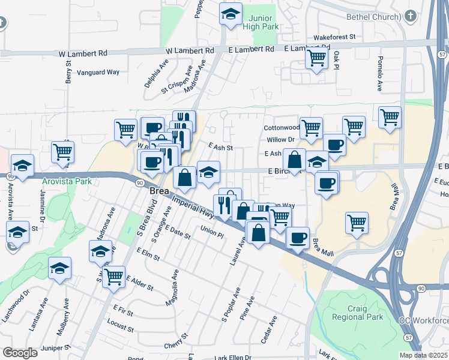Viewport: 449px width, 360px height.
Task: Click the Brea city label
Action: [x=158, y=190]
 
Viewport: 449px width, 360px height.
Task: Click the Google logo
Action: [x=20, y=353]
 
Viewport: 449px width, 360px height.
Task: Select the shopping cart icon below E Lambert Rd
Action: [x=316, y=58]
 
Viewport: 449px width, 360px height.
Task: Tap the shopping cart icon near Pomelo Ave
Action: [x=390, y=116]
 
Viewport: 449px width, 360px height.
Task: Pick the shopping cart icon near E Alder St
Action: [x=113, y=277]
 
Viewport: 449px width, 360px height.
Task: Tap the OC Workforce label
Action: [x=424, y=320]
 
